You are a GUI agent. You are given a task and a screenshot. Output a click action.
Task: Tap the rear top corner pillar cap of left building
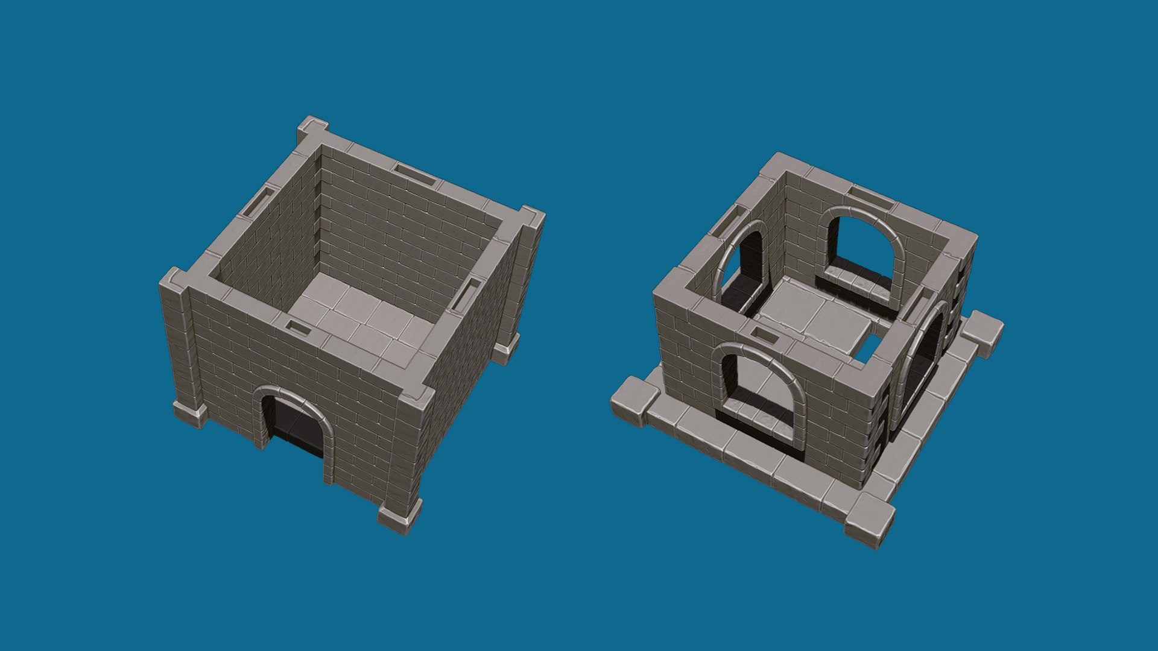(x=313, y=128)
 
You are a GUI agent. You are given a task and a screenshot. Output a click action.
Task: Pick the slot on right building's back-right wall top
(x=872, y=197)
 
